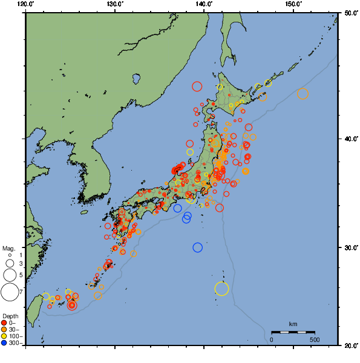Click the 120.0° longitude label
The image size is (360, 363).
(x=26, y=4)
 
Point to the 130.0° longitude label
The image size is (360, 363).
(x=115, y=4)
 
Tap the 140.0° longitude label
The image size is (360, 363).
(x=204, y=4)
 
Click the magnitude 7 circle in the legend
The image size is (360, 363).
(x=10, y=293)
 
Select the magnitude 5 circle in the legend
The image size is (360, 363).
(x=10, y=275)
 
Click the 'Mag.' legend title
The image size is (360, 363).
(x=8, y=248)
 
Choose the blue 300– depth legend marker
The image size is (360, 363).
(x=4, y=343)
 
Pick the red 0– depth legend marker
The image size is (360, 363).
(x=4, y=323)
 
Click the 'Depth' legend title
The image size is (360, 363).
(x=10, y=316)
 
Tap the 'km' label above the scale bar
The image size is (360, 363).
(x=293, y=325)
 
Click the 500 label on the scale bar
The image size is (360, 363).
(x=315, y=339)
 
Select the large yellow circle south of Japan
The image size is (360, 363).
(x=222, y=289)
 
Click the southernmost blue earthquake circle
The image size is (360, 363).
(x=198, y=247)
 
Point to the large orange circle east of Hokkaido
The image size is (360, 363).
(x=303, y=94)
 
